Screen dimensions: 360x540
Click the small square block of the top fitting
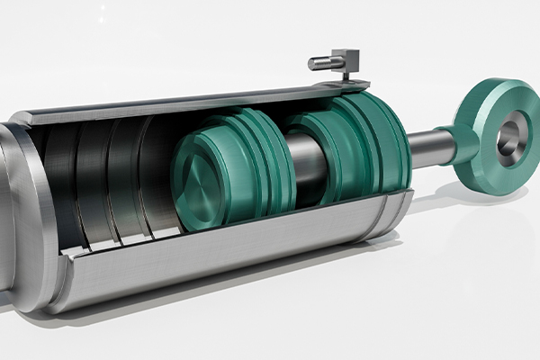tap(346, 59)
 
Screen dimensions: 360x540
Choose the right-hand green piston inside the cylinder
tap(337, 148)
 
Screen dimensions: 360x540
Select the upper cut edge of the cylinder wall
tap(180, 103)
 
